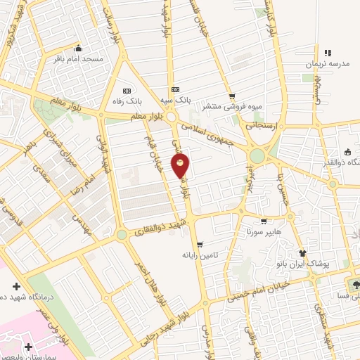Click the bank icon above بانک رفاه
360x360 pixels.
127,91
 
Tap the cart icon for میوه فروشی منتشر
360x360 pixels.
231,97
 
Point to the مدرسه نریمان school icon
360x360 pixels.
328,53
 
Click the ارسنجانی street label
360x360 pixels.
263,124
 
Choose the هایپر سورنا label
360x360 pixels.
264,231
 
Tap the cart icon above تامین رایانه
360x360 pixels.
200,245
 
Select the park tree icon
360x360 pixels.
354,285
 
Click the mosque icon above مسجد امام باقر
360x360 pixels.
77,49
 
